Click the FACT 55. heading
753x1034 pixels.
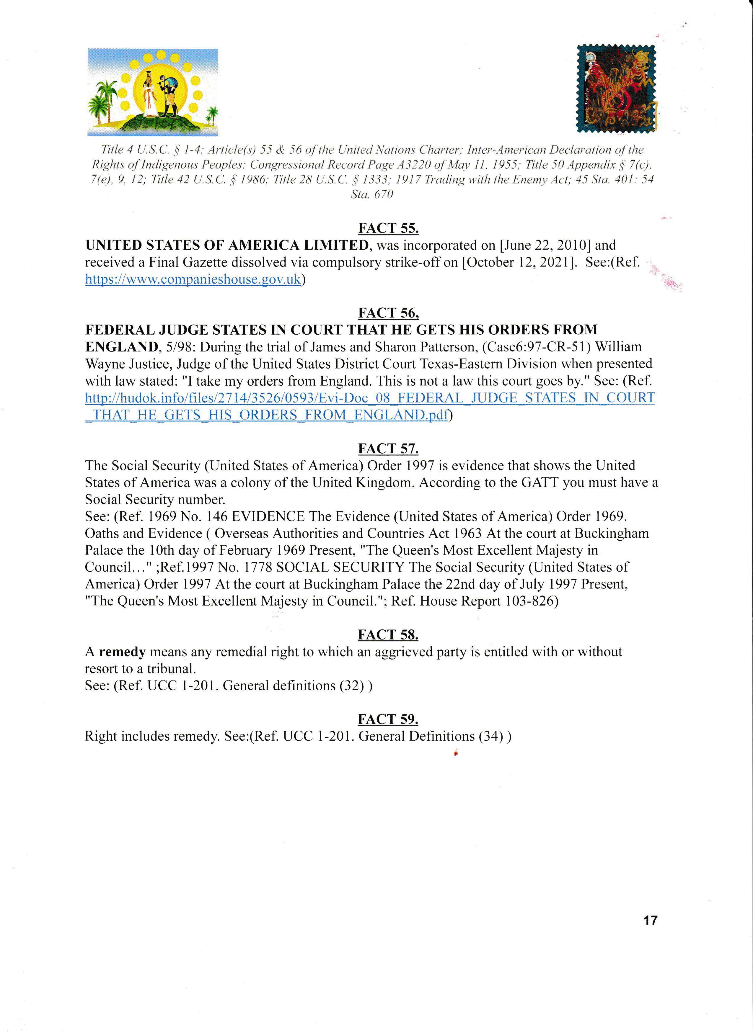click(388, 228)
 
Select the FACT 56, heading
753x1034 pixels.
click(388, 313)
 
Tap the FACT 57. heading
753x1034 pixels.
click(388, 449)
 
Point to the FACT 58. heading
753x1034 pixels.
click(388, 635)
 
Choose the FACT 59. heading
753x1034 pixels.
click(388, 719)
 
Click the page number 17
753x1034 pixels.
click(650, 920)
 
